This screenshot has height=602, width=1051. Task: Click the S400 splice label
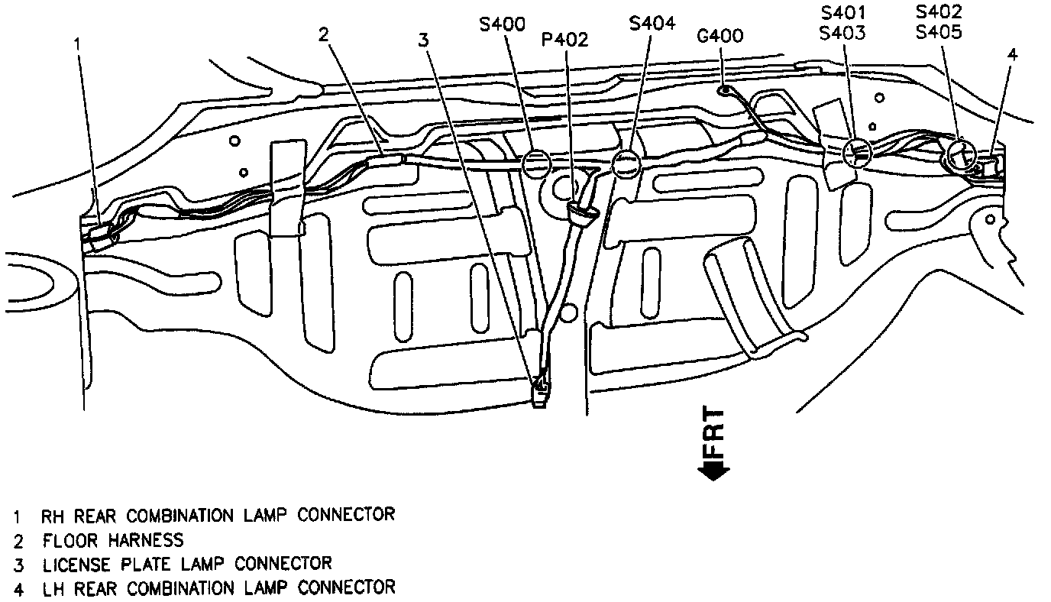coord(502,25)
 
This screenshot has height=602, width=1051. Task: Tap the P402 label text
coord(564,40)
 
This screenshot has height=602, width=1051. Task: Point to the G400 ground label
coord(720,36)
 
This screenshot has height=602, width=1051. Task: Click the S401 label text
coord(844,14)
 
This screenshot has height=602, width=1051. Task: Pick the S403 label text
coord(844,34)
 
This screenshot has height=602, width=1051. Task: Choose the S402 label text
coord(939,12)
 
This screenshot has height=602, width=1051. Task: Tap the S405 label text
coord(939,33)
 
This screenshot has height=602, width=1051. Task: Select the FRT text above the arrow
coord(713,431)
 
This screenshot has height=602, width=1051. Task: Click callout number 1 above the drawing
coord(77,44)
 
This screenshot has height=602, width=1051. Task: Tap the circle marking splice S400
coord(536,163)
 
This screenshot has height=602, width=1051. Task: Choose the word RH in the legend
coord(52,516)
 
